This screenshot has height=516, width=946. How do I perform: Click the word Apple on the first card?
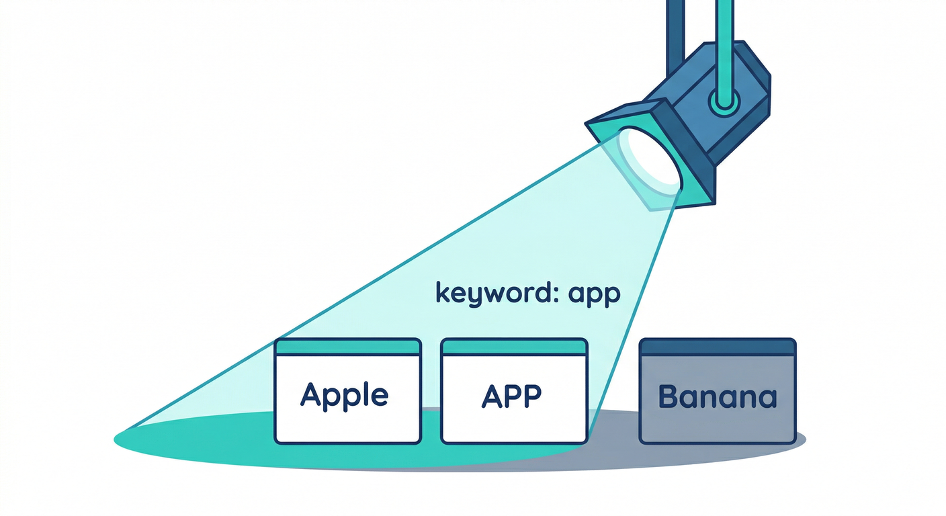344,396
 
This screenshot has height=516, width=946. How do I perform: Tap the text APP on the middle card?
511,396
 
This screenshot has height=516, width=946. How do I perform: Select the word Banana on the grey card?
718,396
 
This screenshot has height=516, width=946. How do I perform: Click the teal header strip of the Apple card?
347,347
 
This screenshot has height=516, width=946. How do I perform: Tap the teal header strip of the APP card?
514,347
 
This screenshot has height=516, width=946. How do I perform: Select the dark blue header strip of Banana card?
718,347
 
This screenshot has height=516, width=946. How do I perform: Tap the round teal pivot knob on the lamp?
724,101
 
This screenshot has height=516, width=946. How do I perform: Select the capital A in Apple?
311,395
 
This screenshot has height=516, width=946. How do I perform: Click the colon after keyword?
556,294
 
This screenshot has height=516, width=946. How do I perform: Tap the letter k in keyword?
442,292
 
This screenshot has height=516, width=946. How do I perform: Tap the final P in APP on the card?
532,396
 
